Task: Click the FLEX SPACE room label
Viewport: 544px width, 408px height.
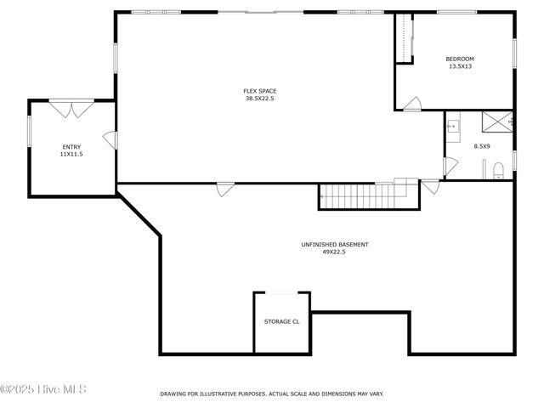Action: (x=260, y=91)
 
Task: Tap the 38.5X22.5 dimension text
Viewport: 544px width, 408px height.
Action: (x=260, y=98)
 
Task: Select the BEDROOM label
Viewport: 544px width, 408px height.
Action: (x=460, y=59)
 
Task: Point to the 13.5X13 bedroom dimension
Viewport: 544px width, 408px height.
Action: (x=460, y=65)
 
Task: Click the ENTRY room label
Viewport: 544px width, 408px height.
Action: (x=71, y=147)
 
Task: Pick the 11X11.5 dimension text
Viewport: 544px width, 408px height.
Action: (x=71, y=154)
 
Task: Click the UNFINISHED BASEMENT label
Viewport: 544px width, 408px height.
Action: (x=334, y=245)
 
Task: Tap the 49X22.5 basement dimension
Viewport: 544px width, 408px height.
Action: (x=334, y=252)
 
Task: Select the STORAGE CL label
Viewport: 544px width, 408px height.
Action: (x=282, y=322)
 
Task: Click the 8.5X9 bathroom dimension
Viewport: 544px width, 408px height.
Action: (x=481, y=147)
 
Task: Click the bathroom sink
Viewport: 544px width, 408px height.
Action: (x=453, y=126)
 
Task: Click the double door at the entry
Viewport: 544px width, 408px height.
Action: (x=71, y=108)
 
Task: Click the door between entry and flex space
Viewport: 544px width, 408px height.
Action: (x=110, y=140)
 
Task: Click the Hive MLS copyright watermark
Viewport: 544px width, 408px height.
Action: (x=43, y=390)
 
